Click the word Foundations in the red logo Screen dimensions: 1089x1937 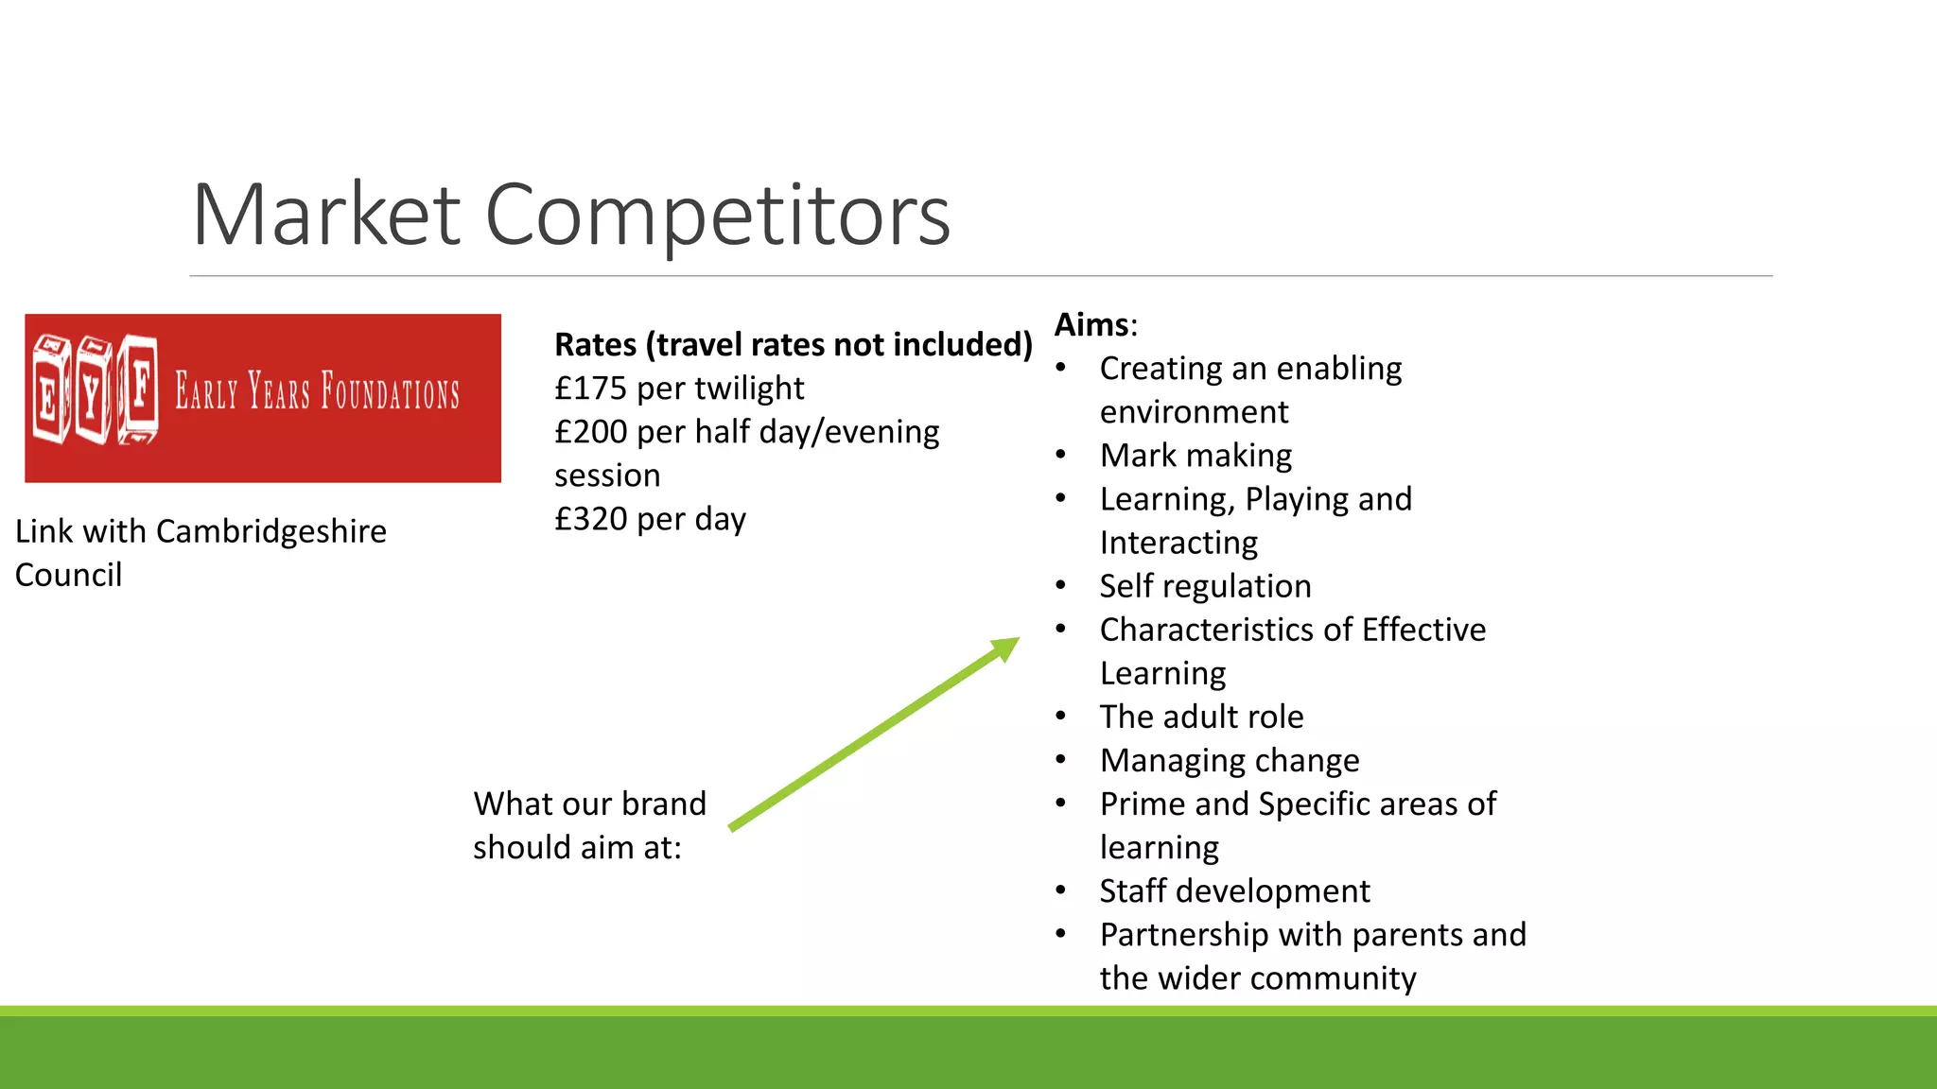click(390, 391)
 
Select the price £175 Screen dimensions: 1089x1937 click(590, 389)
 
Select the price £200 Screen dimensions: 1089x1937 click(590, 432)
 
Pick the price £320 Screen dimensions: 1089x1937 click(590, 519)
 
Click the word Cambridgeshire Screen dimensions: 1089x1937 click(270, 531)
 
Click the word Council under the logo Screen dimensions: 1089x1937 click(68, 575)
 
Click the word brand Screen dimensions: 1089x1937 click(663, 804)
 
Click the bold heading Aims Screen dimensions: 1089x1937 click(1091, 324)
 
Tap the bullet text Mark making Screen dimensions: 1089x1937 click(1195, 456)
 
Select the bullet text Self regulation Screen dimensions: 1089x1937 click(1205, 586)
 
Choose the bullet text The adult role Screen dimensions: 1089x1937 click(1201, 717)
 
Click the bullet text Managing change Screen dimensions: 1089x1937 click(1230, 760)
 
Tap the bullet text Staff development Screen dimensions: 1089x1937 click(1234, 890)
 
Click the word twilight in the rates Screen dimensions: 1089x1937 click(747, 389)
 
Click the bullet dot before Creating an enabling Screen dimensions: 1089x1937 click(1061, 368)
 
